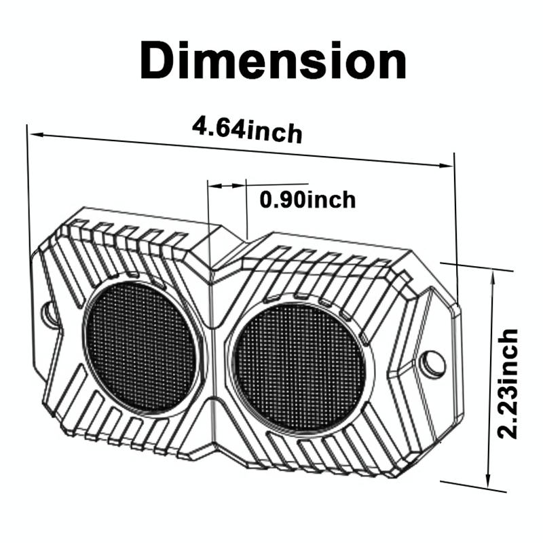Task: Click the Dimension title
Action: (273, 60)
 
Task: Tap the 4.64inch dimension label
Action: (247, 130)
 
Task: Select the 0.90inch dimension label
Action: (307, 200)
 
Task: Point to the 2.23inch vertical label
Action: (508, 383)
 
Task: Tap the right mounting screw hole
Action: (432, 362)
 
